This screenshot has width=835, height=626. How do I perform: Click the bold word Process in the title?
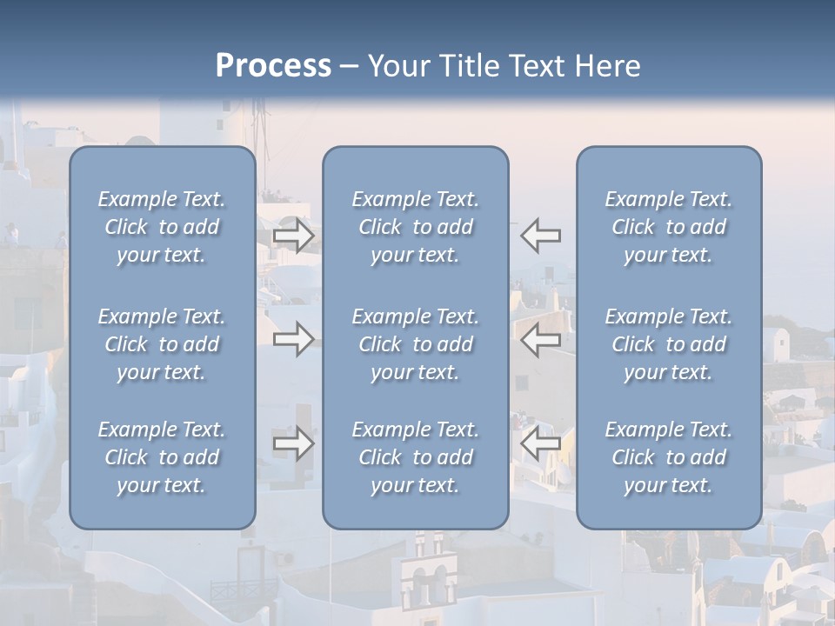(x=273, y=66)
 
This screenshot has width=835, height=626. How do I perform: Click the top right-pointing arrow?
(x=294, y=236)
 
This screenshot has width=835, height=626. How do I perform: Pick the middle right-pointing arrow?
(x=294, y=339)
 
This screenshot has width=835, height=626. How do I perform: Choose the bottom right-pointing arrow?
(x=294, y=443)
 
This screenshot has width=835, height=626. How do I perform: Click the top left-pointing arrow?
(x=541, y=235)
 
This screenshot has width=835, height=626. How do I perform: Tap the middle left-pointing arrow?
(x=541, y=339)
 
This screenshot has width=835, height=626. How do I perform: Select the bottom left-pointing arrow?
(x=541, y=443)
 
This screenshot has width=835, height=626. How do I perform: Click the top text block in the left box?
(x=162, y=227)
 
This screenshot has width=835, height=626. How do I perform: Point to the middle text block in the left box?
(x=162, y=344)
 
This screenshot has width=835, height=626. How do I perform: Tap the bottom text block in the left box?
(x=162, y=457)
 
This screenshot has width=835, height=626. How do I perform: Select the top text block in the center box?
(x=416, y=227)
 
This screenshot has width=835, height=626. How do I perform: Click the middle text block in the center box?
(x=416, y=344)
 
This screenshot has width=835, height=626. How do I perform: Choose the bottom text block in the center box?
(x=416, y=457)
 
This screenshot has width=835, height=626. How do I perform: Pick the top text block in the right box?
(x=669, y=227)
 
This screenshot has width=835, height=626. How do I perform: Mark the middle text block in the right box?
(x=669, y=344)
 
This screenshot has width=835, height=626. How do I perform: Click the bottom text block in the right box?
(x=669, y=457)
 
